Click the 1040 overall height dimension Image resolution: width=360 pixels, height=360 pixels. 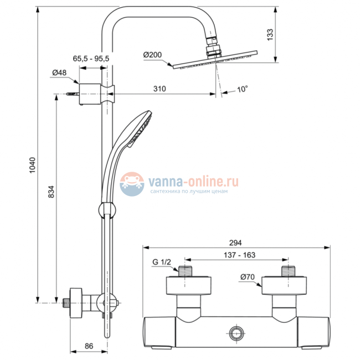(x=32, y=167)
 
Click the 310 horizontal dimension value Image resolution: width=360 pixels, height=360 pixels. (x=160, y=89)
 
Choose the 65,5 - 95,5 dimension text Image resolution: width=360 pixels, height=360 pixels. (x=91, y=58)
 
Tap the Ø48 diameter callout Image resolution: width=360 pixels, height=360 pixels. (x=59, y=73)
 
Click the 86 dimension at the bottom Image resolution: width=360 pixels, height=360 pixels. (x=89, y=346)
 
